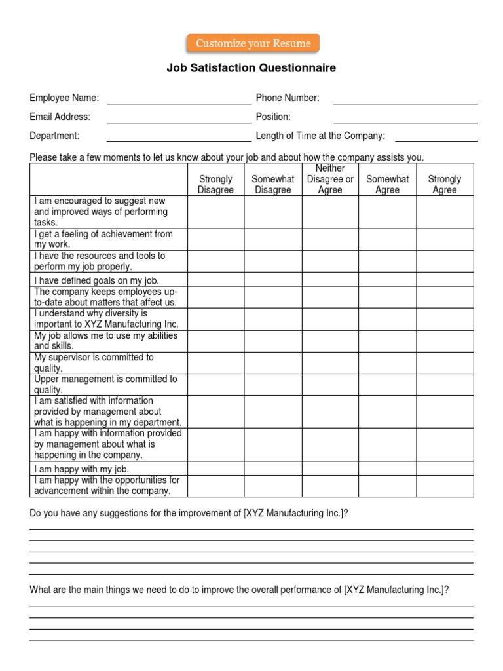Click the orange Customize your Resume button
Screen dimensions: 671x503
[x=253, y=44]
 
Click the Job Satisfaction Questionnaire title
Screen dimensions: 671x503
[x=251, y=68]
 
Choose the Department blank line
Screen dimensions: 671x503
[x=179, y=138]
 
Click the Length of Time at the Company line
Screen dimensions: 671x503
[x=436, y=138]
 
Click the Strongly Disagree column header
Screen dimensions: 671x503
[x=215, y=184]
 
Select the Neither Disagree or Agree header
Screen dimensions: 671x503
[x=330, y=179]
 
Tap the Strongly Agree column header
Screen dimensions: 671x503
[x=445, y=184]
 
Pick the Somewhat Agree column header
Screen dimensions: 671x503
[x=387, y=184]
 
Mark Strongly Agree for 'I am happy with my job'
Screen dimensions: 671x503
[x=445, y=469]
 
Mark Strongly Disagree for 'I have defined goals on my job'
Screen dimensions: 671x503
[x=215, y=280]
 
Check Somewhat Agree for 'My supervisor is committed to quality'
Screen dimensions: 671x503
[x=387, y=362]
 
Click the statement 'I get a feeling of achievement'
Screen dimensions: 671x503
[x=103, y=239]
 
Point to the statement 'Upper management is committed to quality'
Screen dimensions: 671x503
[x=105, y=384]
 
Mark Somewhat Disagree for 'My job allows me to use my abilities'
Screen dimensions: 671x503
[x=272, y=341]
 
